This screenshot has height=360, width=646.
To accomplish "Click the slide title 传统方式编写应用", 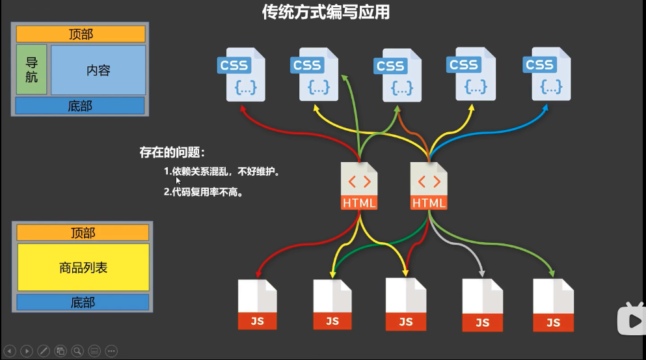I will coord(325,12).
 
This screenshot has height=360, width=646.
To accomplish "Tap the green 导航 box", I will coord(31,70).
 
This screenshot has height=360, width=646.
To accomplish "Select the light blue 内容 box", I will coord(98,70).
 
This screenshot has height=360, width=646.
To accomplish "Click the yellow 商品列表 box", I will coord(83,267).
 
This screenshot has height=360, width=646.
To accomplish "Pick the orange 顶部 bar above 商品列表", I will coord(83,232).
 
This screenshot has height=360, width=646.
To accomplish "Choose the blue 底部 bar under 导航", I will coord(80,106).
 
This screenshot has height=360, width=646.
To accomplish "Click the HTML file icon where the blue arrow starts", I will coord(429,186).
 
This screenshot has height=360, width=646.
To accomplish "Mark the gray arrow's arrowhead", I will coord(481,273).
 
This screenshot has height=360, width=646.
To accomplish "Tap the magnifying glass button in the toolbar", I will coord(77,351).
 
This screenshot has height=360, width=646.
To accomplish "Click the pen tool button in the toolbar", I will coord(44,351).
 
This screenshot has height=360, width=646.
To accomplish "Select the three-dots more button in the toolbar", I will coord(111,351).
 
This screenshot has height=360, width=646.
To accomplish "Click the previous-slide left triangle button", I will coord(10,351).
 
